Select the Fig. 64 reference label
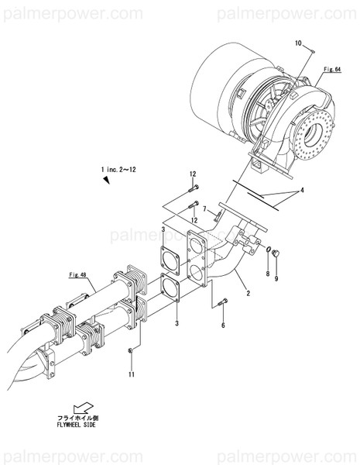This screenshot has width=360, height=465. [333, 70]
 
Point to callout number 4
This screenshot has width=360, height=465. [303, 191]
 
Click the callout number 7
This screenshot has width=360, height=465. [204, 209]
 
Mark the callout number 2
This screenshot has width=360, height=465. [248, 293]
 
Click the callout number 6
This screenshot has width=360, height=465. [222, 326]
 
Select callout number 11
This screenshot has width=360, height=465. [132, 375]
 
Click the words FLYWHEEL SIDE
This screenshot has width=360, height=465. [77, 425]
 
